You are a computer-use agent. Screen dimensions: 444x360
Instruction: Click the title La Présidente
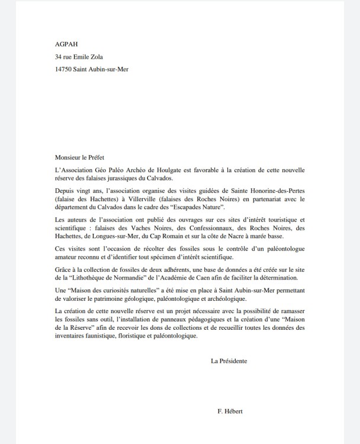tap(229, 361)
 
